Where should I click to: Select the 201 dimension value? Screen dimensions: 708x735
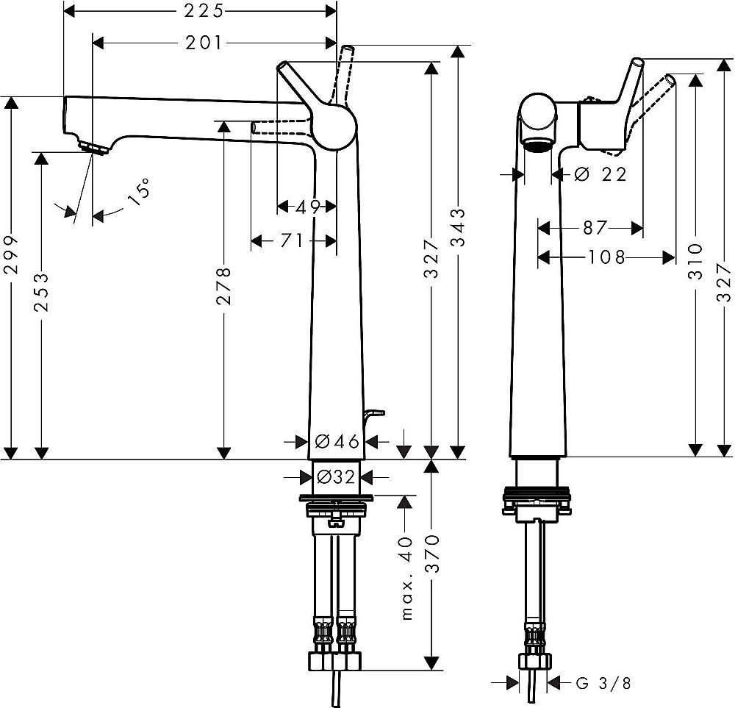[202, 43]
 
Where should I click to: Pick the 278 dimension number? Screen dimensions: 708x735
[224, 285]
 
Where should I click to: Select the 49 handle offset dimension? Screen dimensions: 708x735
[307, 207]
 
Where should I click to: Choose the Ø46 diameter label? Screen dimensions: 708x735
[336, 441]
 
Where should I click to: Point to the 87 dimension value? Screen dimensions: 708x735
[594, 228]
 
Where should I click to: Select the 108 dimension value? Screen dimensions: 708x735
[607, 257]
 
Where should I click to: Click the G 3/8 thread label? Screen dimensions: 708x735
[603, 683]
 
